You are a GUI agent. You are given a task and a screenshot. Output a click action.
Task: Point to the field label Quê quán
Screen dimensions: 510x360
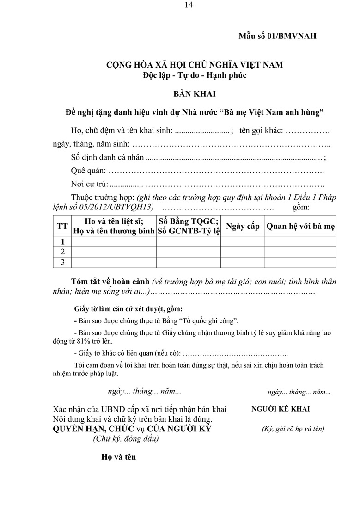(x=89, y=171)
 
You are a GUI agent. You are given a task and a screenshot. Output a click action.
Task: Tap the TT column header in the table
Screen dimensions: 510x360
(x=62, y=226)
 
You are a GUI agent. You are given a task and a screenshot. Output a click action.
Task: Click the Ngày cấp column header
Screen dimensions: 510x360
(x=243, y=227)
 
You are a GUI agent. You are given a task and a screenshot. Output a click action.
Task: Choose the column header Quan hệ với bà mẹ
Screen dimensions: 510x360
(x=300, y=227)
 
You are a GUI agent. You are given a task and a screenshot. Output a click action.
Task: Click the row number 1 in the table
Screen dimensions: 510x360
(x=62, y=241)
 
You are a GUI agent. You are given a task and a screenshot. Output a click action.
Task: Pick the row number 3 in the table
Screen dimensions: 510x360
(x=62, y=262)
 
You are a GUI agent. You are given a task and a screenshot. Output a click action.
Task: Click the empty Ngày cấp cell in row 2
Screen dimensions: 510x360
(x=243, y=252)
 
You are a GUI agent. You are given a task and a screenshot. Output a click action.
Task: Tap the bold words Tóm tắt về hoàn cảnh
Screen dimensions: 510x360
(x=110, y=282)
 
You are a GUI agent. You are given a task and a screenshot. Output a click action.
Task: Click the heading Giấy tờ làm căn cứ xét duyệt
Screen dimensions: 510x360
(x=128, y=308)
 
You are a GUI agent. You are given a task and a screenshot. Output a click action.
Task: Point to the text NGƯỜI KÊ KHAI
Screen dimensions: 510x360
(x=281, y=409)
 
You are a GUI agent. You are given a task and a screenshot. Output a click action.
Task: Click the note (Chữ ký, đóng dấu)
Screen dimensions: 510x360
(x=126, y=439)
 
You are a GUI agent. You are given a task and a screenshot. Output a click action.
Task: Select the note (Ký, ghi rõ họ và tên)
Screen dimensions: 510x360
(x=293, y=429)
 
